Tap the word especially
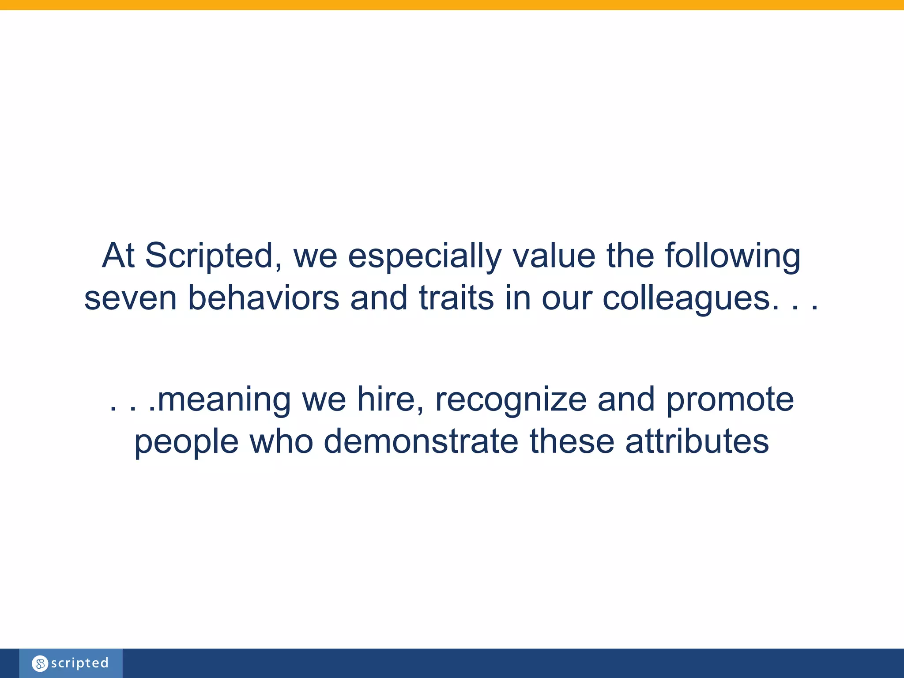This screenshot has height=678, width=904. [425, 256]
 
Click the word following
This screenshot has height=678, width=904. [732, 256]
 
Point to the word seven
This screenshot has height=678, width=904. [130, 298]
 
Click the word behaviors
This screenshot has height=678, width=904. [264, 298]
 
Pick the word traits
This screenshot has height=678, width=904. [456, 298]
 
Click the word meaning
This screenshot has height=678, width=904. [224, 399]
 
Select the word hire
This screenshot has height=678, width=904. [390, 399]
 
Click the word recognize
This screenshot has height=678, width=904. [511, 399]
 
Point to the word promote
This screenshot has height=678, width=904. [730, 399]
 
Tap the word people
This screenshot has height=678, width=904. [186, 442]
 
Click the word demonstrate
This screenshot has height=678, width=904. [421, 442]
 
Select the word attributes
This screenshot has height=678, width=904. [697, 442]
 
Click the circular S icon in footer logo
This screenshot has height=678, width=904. [40, 663]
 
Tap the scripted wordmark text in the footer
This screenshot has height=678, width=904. [79, 663]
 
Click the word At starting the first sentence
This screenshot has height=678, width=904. [118, 256]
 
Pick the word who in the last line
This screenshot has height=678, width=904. [281, 442]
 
